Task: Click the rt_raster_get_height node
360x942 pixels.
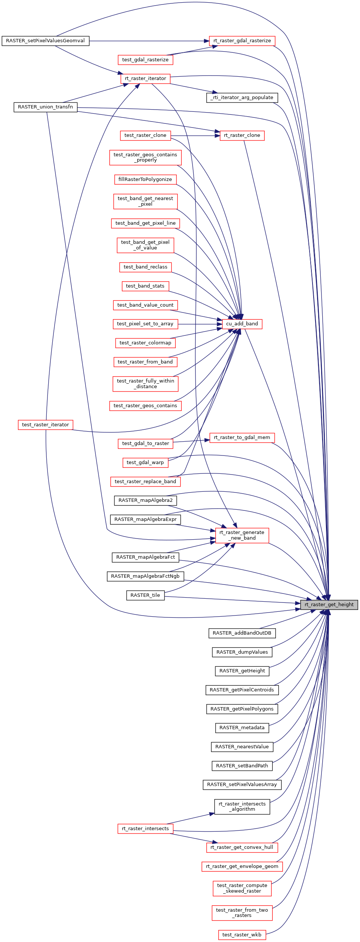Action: tap(329, 605)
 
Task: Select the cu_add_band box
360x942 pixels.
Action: tap(242, 324)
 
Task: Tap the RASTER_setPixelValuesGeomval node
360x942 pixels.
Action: tap(45, 41)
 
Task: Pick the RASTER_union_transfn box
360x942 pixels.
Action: tap(45, 107)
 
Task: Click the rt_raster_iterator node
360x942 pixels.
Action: tap(145, 79)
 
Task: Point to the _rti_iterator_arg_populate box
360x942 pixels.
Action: tap(242, 98)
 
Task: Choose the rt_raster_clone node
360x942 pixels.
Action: tap(242, 135)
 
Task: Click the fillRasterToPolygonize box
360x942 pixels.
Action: tap(145, 179)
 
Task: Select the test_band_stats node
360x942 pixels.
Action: tap(145, 286)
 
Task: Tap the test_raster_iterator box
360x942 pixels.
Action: tap(45, 425)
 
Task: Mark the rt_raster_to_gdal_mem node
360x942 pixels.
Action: tap(242, 438)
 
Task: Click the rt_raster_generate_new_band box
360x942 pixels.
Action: tap(242, 535)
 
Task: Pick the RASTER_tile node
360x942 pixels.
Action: tap(145, 595)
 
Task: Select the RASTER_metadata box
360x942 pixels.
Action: tap(242, 728)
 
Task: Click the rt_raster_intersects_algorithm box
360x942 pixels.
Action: tap(242, 807)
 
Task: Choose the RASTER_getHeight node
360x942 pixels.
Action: tap(242, 671)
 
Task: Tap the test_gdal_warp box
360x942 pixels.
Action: tap(145, 463)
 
